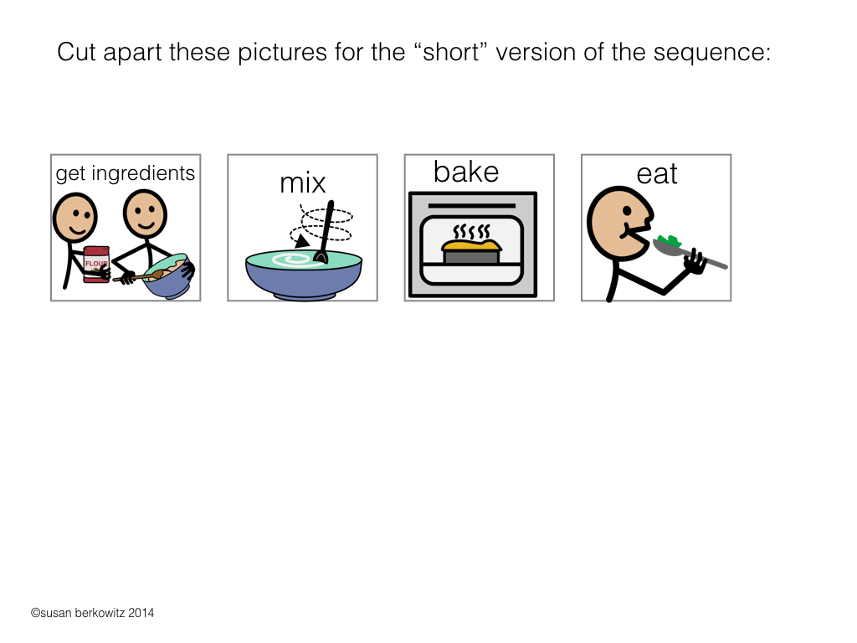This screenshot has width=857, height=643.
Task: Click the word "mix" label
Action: tap(302, 183)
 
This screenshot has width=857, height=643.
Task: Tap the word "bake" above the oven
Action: tap(465, 172)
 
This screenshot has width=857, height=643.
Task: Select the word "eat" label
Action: tap(656, 174)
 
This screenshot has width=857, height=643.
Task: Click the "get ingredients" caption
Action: tap(126, 173)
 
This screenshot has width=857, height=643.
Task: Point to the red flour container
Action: tap(96, 264)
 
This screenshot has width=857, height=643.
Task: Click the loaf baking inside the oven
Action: tap(472, 251)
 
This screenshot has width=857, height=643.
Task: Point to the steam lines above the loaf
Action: tap(471, 229)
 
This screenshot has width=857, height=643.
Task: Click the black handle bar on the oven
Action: tap(471, 204)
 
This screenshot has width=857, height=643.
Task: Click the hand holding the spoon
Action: tap(694, 262)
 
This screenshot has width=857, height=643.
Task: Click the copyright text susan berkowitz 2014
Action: tap(92, 613)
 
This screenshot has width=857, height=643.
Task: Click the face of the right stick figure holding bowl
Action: tap(145, 213)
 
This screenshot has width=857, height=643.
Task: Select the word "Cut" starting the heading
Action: tap(79, 53)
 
